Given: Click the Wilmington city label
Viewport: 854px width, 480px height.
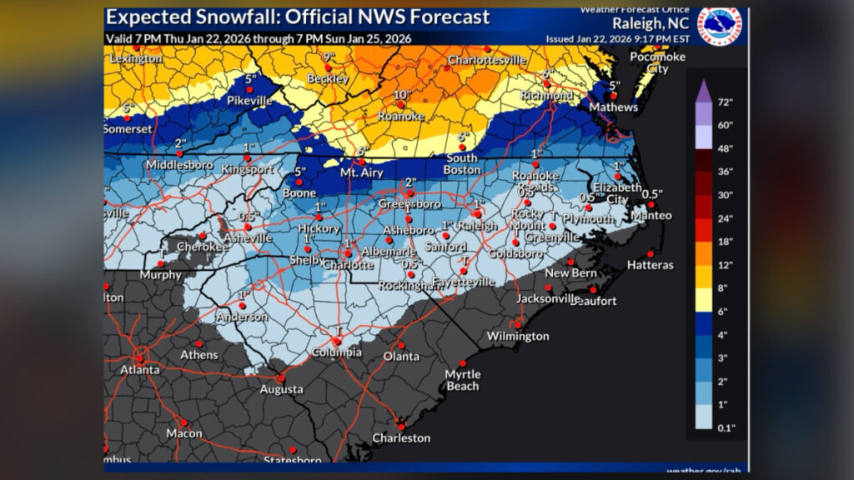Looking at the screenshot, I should [520, 337].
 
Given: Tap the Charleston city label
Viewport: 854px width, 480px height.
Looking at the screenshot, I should [401, 437].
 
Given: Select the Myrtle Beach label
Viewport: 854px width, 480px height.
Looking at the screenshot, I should [462, 380].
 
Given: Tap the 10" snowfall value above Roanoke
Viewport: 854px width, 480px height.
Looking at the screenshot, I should [403, 95].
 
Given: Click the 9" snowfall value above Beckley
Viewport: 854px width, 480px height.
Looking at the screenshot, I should [329, 57].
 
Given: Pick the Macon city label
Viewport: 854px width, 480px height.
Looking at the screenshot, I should [183, 433].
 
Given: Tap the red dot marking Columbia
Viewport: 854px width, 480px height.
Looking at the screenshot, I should [338, 340].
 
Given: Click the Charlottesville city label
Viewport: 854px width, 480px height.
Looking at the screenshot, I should [487, 60].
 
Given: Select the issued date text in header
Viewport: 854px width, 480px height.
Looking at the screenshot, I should [613, 38].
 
